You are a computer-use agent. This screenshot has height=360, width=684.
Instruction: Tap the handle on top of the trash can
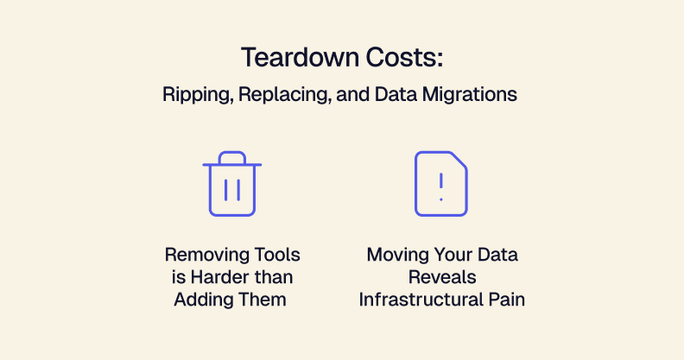231,157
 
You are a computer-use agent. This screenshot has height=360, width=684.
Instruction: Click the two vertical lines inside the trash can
231,189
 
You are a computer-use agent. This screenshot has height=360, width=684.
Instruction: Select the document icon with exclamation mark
440,184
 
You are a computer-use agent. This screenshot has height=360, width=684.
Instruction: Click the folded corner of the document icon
459,161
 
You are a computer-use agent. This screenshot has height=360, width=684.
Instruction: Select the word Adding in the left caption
204,300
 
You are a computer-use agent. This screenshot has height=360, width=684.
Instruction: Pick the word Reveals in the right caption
441,277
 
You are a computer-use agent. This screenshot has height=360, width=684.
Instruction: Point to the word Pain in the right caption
503,300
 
